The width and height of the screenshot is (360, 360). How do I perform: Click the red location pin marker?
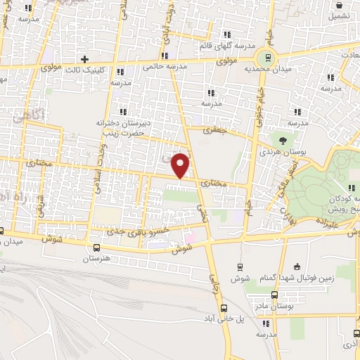tap(181, 165)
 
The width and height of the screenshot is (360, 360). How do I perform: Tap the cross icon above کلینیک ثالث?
tap(85, 59)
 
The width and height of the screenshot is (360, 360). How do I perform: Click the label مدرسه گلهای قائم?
tap(225, 46)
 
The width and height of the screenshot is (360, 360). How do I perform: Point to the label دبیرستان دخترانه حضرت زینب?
tap(120, 127)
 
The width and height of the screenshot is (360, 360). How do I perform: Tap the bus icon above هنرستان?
tap(96, 247)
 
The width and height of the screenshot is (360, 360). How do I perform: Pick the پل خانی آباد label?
tap(223, 321)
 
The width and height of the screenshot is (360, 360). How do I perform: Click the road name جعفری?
tap(212, 130)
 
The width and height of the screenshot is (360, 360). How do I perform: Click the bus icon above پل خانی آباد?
tap(224, 309)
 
